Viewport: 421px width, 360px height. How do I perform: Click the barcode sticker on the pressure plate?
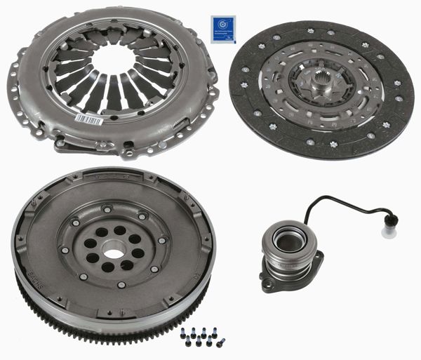point(89,119)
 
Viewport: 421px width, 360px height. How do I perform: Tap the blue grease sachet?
point(222,29)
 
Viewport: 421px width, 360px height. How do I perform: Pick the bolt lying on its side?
point(220,343)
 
